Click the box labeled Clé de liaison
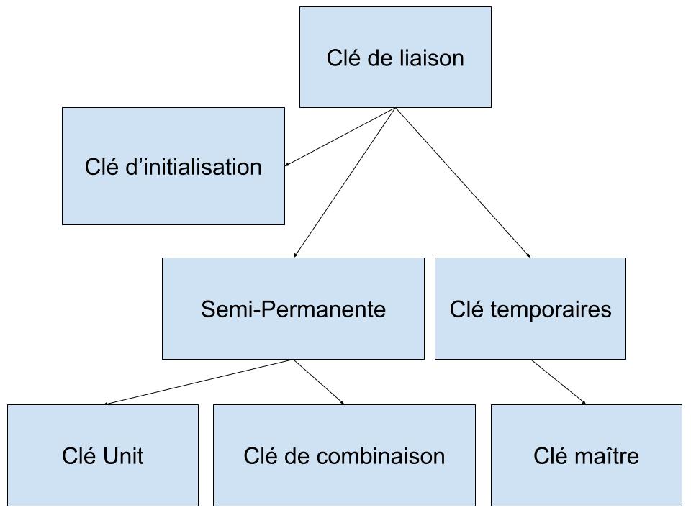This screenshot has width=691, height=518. coord(395,58)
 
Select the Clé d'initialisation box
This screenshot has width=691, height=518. coord(173,166)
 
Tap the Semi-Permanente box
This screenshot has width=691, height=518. coord(293,309)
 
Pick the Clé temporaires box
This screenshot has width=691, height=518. coord(530,309)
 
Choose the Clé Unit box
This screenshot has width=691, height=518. coord(103,455)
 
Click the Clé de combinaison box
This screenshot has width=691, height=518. coord(344,455)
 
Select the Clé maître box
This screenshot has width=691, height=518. coord(587,455)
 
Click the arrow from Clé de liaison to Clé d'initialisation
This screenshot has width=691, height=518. coord(340,137)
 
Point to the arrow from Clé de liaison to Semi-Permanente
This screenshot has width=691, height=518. coord(345,182)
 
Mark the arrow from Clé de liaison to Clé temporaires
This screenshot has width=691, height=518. coord(463,182)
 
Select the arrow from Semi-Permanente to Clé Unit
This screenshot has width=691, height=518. coord(199,382)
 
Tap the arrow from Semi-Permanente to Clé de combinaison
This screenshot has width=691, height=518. coord(319,382)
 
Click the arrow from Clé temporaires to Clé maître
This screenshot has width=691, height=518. coord(559,382)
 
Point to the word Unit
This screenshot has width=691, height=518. coord(123,456)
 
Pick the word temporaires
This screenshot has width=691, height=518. coord(551,309)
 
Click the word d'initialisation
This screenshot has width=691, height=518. coord(194,167)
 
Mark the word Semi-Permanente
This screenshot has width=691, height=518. coord(294,309)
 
